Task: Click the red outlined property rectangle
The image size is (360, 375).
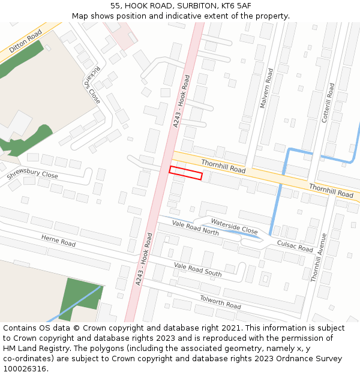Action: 185,173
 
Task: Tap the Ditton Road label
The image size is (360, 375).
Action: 26,41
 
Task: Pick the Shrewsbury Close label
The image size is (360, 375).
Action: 32,176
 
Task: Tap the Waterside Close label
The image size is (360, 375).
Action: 234,226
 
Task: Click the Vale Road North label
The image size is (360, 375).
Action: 195,227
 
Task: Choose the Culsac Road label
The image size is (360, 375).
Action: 295,245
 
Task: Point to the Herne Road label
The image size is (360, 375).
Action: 58,240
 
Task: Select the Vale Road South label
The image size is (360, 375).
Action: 197,269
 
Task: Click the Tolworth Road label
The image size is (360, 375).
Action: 220,302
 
